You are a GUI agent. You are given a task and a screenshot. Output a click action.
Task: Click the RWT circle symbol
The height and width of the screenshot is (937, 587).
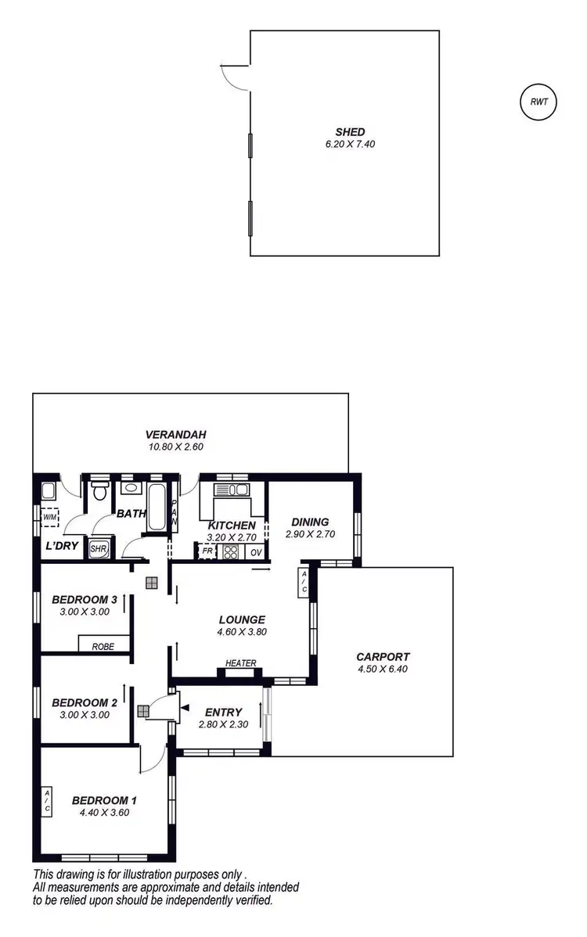538,102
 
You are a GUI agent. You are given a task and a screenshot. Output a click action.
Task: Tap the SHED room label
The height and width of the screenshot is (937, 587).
345,132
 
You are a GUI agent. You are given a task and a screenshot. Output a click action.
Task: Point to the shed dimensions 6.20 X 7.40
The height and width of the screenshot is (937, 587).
345,144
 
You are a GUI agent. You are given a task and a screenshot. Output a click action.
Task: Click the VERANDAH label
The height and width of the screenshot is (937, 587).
175,435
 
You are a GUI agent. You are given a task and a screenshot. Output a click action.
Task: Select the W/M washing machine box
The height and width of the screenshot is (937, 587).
50,517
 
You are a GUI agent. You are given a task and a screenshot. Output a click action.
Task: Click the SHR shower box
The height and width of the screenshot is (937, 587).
99,548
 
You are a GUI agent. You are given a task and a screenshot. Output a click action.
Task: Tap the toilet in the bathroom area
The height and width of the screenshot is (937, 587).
99,492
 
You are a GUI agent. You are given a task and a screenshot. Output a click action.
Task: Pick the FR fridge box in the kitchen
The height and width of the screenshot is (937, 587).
207,551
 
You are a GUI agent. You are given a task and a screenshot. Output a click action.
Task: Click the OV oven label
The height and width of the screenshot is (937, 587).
256,551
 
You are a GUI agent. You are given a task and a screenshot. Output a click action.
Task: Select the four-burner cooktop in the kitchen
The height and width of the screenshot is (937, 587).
231,551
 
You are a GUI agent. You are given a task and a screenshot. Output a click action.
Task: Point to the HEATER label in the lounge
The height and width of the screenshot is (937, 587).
240,663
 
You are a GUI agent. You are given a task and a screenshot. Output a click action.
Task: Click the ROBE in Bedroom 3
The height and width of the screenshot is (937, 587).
103,647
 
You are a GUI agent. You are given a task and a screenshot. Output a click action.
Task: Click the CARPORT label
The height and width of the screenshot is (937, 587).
383,657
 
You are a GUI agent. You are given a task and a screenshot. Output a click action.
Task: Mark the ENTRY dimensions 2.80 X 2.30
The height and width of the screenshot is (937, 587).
223,724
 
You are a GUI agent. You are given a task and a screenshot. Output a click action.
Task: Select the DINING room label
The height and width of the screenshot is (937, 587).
310,522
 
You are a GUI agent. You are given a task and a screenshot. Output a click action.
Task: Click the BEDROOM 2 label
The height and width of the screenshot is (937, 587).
85,702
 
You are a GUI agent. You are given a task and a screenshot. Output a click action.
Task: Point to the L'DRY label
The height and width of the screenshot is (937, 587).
61,545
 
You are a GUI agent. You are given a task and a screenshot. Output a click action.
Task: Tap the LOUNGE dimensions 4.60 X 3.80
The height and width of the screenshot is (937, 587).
242,632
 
